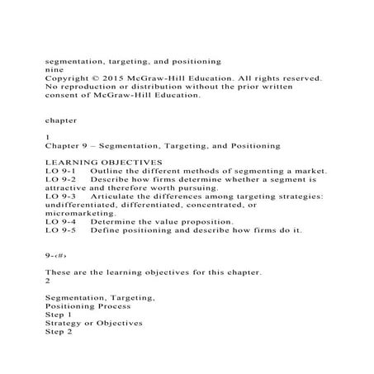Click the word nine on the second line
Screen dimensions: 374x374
(52, 70)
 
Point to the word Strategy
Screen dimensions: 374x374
(64, 323)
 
